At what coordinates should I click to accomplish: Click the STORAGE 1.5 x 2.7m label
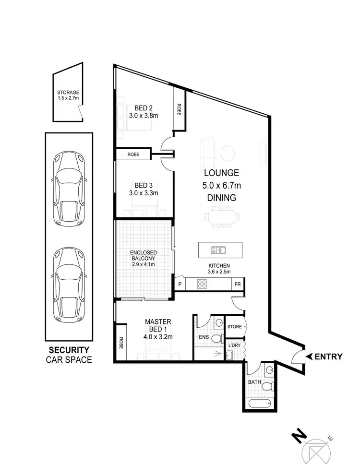[x=68, y=95]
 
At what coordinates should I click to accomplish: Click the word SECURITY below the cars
[x=70, y=350]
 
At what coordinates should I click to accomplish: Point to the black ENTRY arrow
[x=310, y=356]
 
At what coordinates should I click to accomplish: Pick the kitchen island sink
[x=218, y=250]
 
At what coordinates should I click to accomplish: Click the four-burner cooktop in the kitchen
[x=202, y=284]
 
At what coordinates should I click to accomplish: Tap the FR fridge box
[x=237, y=284]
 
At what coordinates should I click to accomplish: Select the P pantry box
[x=180, y=284]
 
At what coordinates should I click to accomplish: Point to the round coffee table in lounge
[x=228, y=153]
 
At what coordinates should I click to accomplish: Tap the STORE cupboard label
[x=235, y=327]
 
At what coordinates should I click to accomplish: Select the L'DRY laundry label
[x=234, y=345]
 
